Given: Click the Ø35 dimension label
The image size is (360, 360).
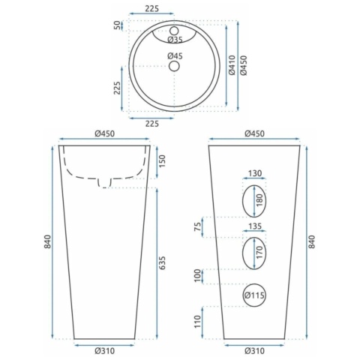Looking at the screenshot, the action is click(175, 39).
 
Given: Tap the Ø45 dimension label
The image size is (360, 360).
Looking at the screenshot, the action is click(175, 55).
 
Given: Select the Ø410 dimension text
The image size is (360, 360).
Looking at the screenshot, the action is click(232, 65).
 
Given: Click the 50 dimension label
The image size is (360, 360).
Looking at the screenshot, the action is click(117, 25).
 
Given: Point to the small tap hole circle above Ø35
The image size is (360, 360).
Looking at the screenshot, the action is click(174, 31).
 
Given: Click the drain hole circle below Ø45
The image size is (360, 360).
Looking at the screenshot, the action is click(174, 66).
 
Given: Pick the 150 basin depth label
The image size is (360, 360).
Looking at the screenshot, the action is click(162, 161).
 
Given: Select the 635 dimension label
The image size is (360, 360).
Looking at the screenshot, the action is click(162, 262).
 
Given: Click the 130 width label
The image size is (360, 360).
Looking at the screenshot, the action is click(255, 173).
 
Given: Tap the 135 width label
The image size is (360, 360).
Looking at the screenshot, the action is click(255, 226).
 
